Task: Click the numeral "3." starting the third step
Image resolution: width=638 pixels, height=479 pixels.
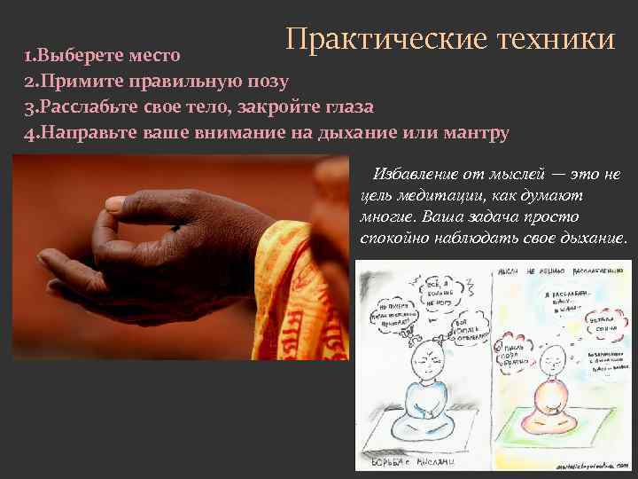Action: (x=29, y=107)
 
